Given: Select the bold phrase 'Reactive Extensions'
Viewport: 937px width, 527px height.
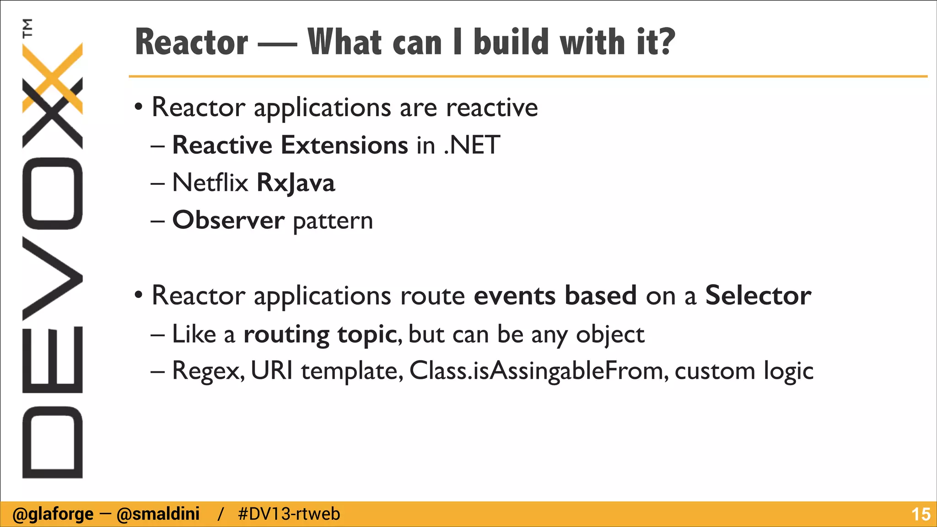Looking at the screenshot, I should point(290,145).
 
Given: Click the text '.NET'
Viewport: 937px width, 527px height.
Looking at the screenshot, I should point(472,145).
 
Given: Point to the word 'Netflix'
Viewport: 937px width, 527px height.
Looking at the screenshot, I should point(210,183).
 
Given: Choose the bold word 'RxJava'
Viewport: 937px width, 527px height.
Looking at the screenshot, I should point(296,183).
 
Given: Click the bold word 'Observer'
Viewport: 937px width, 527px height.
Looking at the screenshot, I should point(228,220).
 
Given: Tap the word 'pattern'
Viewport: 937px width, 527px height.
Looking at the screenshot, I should point(333,221).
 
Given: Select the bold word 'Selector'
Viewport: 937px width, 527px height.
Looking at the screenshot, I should point(758,295).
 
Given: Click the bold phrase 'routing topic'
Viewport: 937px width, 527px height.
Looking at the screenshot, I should point(320,334).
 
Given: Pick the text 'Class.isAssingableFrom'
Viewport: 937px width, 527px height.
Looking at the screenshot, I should point(536,371).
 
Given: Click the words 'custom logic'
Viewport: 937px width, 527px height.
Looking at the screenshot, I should point(744,371).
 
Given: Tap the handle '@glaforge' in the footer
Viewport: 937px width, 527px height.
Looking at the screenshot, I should point(53,514).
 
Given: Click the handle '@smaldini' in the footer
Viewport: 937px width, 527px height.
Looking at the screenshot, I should point(158,514).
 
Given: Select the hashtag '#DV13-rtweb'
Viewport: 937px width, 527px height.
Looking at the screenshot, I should point(289,514).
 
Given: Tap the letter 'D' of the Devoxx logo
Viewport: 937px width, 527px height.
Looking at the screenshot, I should point(52,442).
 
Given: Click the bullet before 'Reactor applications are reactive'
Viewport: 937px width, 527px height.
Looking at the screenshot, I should point(139,108).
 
